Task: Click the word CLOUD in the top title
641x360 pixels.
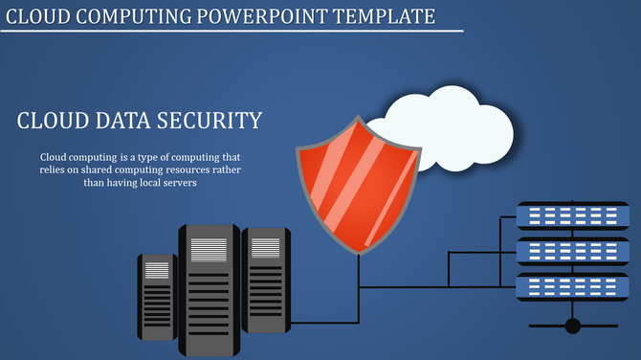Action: point(42,16)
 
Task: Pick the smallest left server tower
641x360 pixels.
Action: point(157,297)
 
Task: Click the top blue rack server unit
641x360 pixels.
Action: point(572,215)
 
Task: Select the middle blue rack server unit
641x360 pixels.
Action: point(572,251)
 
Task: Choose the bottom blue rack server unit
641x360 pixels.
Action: point(572,285)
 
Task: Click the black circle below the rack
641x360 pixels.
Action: point(572,326)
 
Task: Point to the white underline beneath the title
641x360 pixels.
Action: point(230,32)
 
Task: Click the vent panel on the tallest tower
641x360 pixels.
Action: point(209,250)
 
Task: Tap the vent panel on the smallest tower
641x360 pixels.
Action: point(157,271)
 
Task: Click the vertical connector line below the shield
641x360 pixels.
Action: point(359,287)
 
